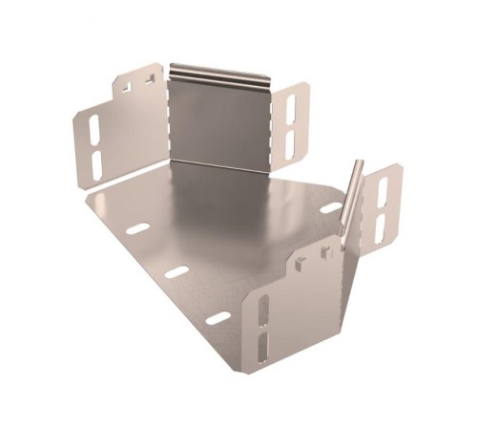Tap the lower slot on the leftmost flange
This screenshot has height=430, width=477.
[x=96, y=159]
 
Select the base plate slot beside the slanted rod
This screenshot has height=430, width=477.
[x=331, y=206]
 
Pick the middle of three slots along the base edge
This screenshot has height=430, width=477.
[x=176, y=272]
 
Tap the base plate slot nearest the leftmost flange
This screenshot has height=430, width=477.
[x=138, y=229]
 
